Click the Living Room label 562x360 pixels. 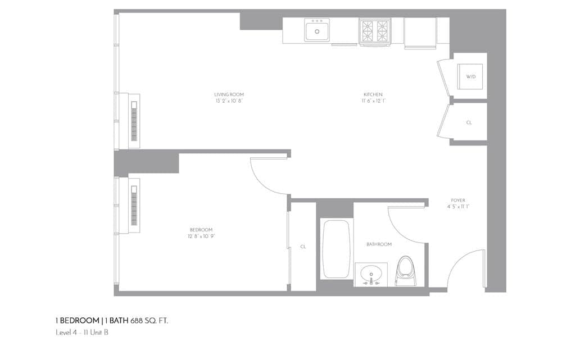229,94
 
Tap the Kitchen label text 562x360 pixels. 373,94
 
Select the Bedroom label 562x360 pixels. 201,229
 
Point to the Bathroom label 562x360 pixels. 379,244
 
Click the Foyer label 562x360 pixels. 458,200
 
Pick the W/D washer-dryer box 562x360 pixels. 470,76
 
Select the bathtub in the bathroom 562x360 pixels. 336,249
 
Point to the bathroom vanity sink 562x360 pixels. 371,275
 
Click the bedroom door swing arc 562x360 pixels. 269,175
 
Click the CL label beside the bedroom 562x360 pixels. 303,246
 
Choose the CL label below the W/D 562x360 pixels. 469,122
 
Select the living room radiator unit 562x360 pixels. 134,121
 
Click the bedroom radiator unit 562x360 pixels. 134,206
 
